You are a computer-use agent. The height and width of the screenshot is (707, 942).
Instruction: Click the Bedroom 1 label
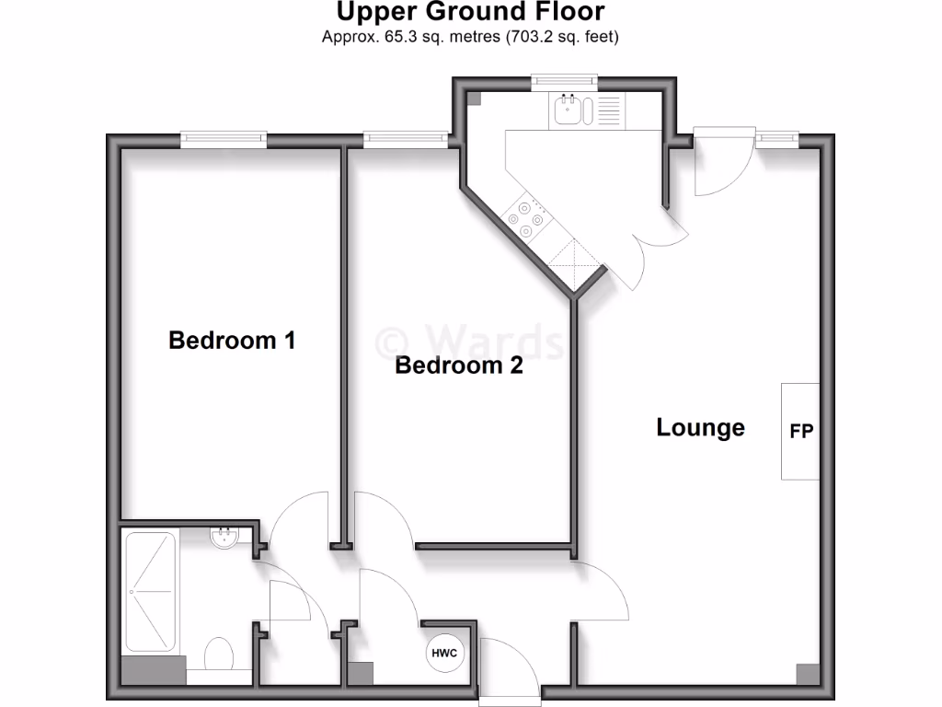[x=232, y=341]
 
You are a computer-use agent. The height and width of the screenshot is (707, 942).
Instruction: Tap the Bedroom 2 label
[x=458, y=366]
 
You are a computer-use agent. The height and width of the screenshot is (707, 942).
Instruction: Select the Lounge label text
[x=700, y=428]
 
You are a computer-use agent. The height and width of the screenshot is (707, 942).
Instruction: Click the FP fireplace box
[x=800, y=431]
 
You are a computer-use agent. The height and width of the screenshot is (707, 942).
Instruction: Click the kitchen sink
[x=569, y=112]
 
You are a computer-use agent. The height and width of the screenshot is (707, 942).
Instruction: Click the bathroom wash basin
[x=224, y=538]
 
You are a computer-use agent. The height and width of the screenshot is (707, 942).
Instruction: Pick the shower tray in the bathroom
[x=150, y=590]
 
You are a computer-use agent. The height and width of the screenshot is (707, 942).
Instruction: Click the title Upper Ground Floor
[x=470, y=13]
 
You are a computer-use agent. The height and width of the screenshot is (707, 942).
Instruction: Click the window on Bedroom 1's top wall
[x=224, y=140]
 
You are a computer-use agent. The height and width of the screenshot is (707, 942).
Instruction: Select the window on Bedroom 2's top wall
[x=406, y=140]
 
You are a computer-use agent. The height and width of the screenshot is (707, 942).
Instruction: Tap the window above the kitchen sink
[x=565, y=81]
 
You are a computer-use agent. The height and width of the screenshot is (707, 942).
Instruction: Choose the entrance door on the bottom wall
[x=509, y=667]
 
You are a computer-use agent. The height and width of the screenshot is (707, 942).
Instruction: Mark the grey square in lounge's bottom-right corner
[x=808, y=674]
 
